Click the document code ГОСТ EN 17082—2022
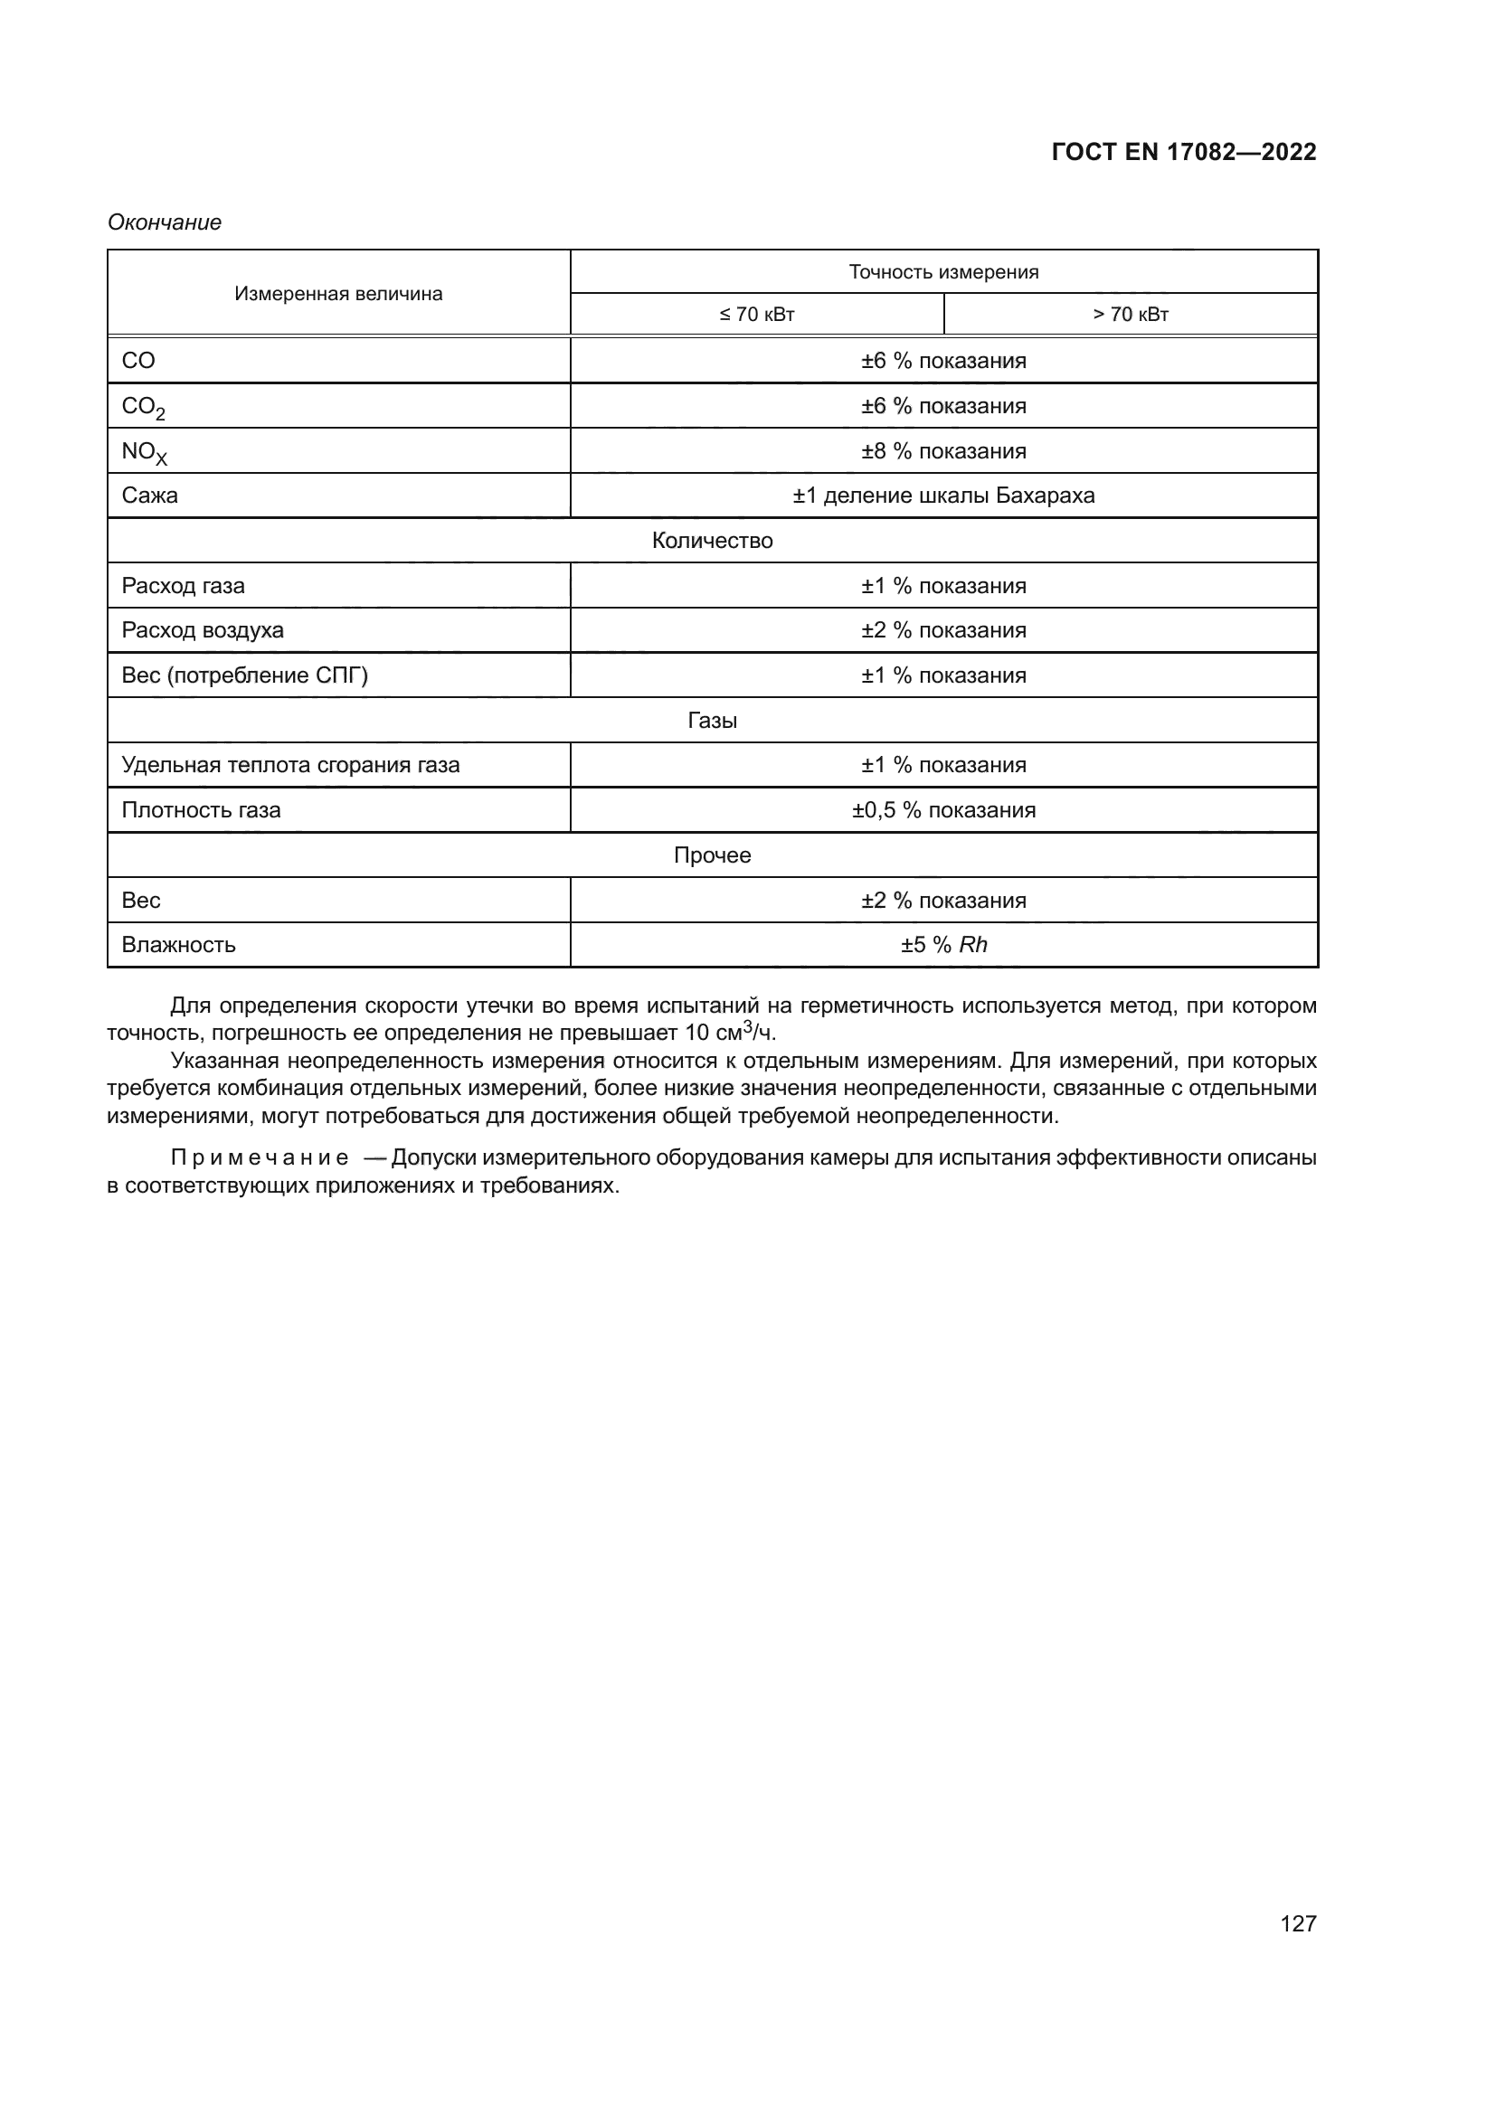1183,152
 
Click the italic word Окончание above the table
164,222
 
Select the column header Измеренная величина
338,294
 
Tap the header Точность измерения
943,272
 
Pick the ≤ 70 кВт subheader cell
756,314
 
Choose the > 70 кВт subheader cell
1131,314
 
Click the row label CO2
143,407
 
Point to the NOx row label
144,452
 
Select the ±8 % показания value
943,451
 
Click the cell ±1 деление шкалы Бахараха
943,496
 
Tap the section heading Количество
712,541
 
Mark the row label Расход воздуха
203,630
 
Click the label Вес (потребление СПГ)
244,675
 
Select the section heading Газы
712,721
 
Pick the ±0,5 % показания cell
943,809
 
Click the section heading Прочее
712,854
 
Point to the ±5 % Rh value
943,944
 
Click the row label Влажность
179,944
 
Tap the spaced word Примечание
259,1158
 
